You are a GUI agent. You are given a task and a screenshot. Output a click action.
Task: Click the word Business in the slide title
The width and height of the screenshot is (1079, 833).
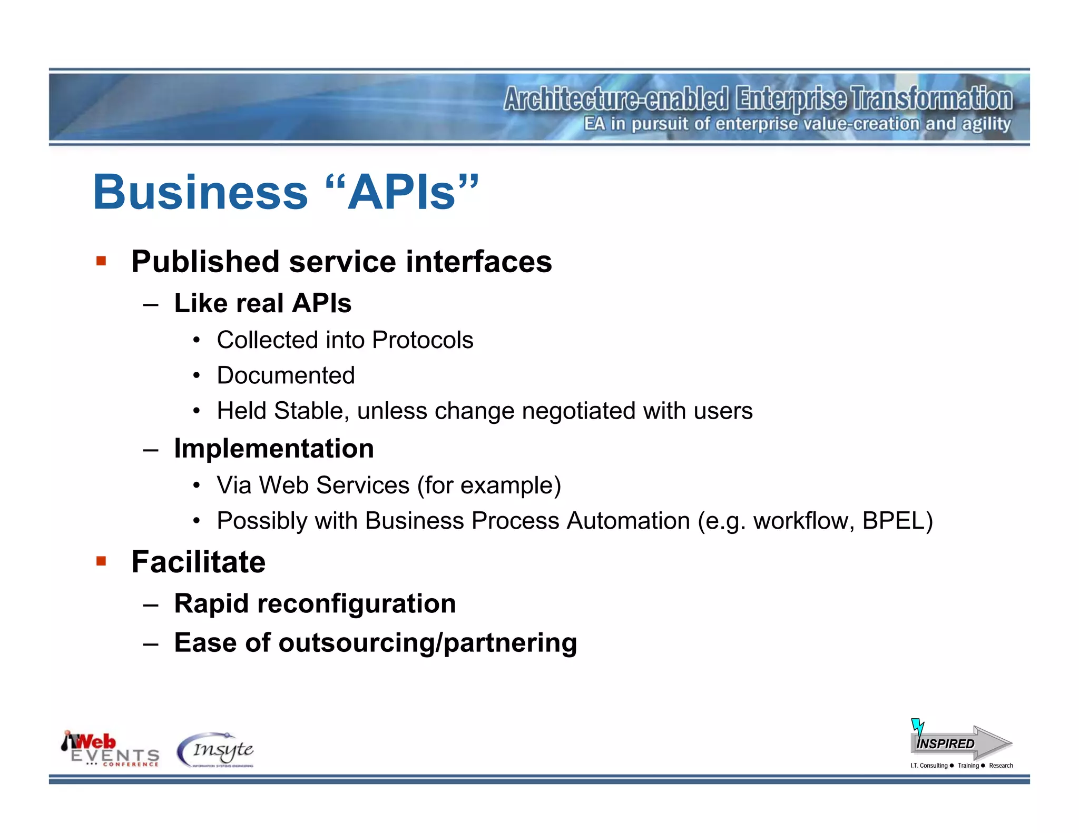click(x=200, y=193)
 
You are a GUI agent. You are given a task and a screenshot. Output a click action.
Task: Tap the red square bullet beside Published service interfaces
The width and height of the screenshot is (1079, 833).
click(x=101, y=261)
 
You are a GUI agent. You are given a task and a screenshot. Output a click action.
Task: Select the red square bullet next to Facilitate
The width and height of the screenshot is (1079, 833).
click(x=101, y=561)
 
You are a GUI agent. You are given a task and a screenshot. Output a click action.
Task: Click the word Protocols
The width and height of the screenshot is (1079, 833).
click(x=423, y=340)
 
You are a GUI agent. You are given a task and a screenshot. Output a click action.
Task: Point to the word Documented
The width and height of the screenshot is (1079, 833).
click(x=286, y=375)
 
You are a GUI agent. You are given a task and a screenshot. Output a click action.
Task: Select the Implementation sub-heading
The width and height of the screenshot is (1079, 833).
click(x=274, y=449)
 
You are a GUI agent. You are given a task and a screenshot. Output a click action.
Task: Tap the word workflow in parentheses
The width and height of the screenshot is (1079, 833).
click(x=803, y=521)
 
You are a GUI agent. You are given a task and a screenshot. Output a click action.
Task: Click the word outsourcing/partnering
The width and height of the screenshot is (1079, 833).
click(x=427, y=643)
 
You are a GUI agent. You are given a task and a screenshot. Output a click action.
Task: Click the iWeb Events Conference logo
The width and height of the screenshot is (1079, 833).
click(x=110, y=749)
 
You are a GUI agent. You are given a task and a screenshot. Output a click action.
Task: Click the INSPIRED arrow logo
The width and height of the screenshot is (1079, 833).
click(x=960, y=742)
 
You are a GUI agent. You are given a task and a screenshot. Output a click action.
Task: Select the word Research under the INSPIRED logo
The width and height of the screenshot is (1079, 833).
click(x=1000, y=766)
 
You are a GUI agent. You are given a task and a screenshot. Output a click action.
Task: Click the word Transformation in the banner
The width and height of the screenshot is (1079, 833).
click(x=931, y=99)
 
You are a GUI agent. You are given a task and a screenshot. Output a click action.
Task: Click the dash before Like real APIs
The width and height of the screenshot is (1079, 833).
click(x=151, y=304)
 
